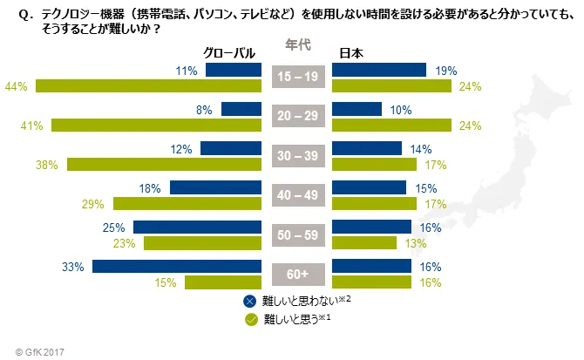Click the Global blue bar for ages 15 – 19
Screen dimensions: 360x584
click(234, 71)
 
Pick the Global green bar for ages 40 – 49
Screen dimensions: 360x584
click(187, 204)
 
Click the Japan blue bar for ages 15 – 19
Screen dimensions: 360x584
click(379, 71)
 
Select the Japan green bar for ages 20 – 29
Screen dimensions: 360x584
click(392, 126)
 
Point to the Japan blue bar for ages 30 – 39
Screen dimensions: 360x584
click(366, 149)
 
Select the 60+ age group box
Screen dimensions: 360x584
click(298, 275)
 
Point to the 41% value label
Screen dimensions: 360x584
click(33, 126)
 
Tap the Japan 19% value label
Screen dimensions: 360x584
click(439, 71)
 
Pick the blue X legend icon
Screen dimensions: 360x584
click(251, 301)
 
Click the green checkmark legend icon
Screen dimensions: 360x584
click(251, 318)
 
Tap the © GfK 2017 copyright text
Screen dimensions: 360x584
click(34, 350)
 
